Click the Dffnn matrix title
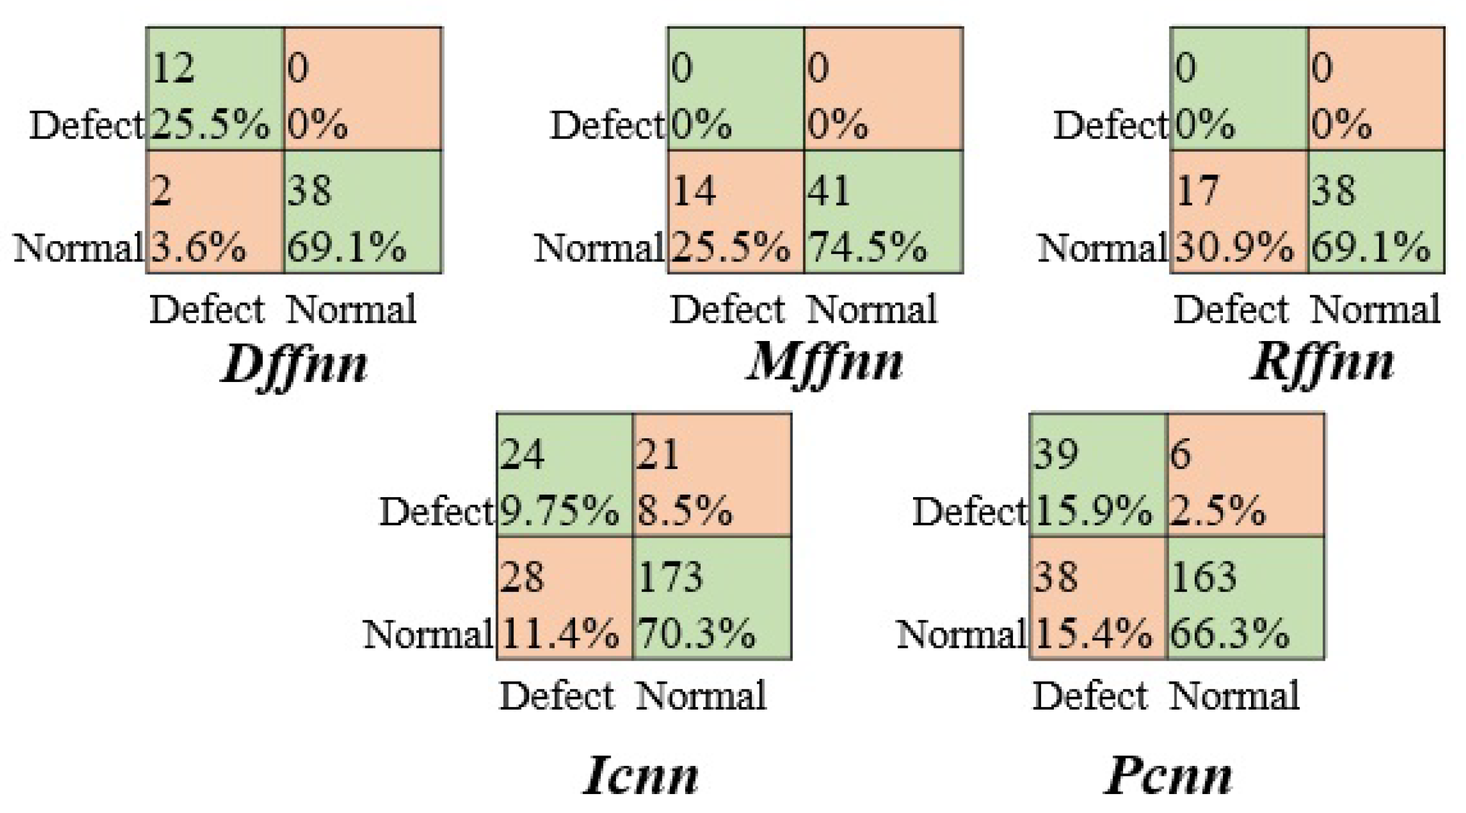pyautogui.click(x=295, y=365)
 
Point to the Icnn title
pyautogui.click(x=641, y=776)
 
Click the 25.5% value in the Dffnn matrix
pyautogui.click(x=209, y=125)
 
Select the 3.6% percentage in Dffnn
pyautogui.click(x=198, y=248)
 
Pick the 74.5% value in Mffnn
pyautogui.click(x=867, y=248)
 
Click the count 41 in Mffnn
pyautogui.click(x=829, y=190)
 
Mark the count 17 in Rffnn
pyautogui.click(x=1198, y=190)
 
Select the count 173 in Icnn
pyautogui.click(x=670, y=577)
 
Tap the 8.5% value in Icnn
pyautogui.click(x=685, y=511)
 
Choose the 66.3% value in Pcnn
pyautogui.click(x=1230, y=634)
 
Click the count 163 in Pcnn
pyautogui.click(x=1204, y=577)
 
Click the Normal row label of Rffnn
pyautogui.click(x=1102, y=249)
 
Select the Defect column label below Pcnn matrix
pyautogui.click(x=1090, y=696)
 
